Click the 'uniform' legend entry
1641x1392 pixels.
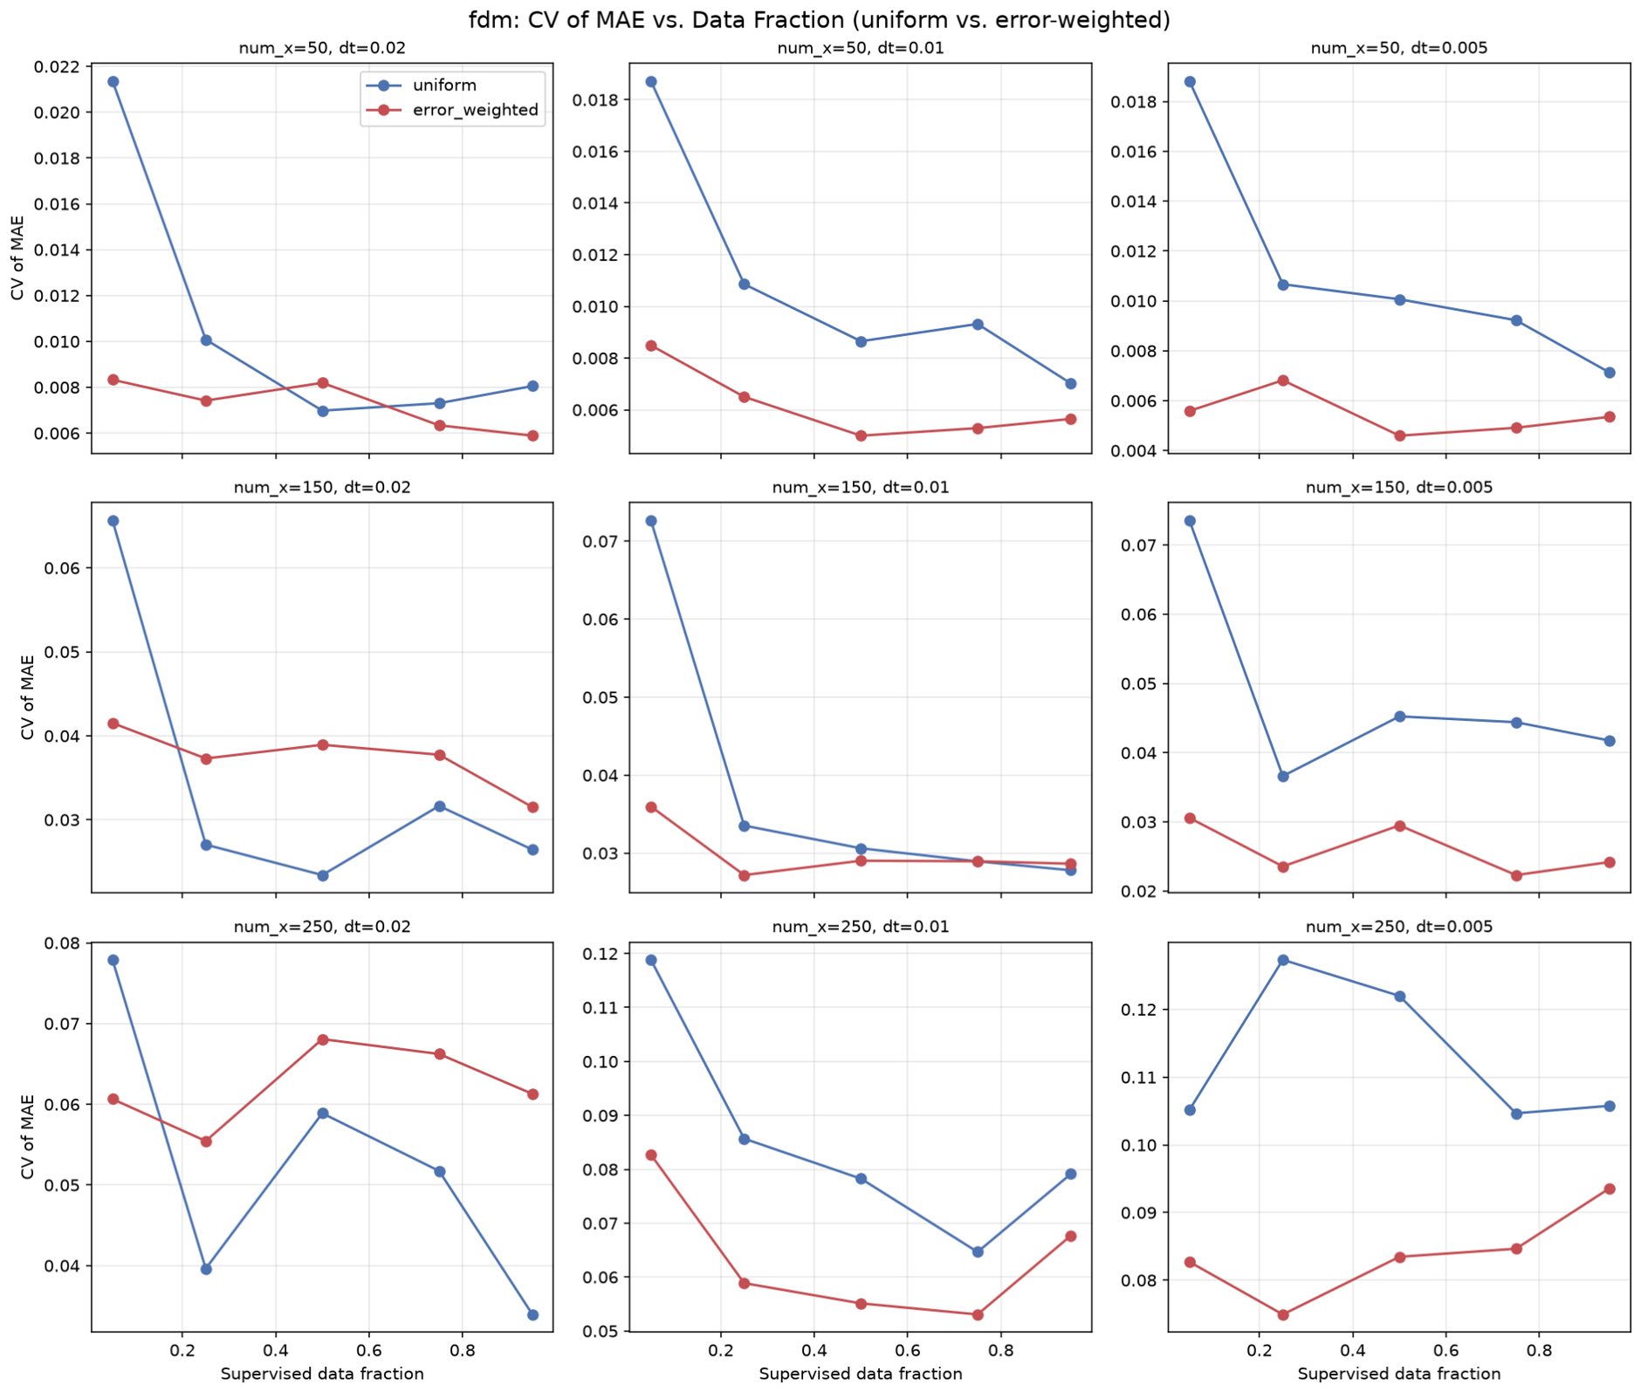tap(444, 86)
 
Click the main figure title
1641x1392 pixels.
tap(820, 19)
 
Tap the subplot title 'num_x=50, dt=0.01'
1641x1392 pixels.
tap(861, 48)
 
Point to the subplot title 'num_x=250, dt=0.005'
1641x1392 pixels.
tap(1399, 927)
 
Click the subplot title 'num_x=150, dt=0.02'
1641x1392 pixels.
tap(322, 488)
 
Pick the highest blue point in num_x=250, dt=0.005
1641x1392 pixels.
tap(1283, 960)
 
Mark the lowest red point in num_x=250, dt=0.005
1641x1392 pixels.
tap(1283, 1314)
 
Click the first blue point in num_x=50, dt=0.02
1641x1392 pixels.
tap(113, 82)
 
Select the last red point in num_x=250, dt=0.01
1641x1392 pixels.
tap(1071, 1236)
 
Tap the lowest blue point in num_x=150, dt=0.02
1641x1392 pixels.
tap(323, 875)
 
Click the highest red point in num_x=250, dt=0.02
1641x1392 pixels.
tap(323, 1039)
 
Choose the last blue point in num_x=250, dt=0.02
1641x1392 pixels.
tap(532, 1314)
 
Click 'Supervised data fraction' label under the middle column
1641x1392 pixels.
tap(861, 1374)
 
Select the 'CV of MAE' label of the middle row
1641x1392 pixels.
tap(28, 697)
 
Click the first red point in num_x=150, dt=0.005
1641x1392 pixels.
tap(1190, 819)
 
